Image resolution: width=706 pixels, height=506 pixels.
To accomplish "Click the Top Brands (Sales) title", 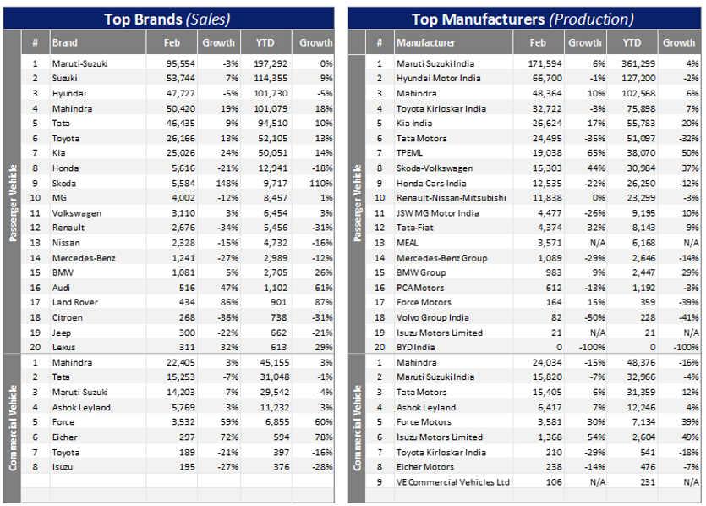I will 167,19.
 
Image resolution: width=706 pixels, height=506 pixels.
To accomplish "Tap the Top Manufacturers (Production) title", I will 522,19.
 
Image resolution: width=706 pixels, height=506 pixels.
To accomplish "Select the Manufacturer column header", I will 426,42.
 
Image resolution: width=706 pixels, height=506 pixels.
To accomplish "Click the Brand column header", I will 64,42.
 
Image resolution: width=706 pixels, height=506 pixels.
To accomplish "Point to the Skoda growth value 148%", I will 223,183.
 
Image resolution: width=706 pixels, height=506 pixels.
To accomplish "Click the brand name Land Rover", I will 73,302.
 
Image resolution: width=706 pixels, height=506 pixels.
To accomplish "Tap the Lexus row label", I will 64,348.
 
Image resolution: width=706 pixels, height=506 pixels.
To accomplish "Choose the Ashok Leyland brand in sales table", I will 78,407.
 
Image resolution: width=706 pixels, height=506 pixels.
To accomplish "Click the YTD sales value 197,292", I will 271,63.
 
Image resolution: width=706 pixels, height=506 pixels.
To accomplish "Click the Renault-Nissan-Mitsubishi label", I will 452,198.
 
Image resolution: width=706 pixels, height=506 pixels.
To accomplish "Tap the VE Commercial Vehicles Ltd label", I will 453,482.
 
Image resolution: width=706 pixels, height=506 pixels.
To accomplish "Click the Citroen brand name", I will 67,317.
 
